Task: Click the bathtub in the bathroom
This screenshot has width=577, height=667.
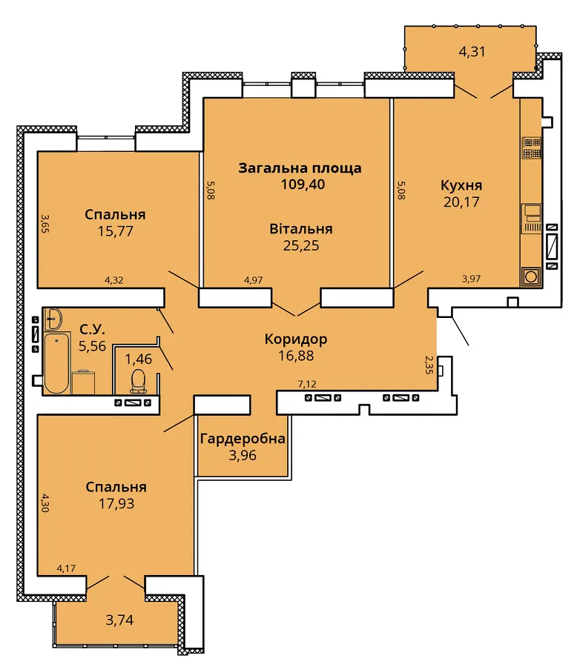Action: (56, 363)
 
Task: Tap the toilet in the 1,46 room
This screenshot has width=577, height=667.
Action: (138, 381)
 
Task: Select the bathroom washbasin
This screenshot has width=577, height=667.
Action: (53, 318)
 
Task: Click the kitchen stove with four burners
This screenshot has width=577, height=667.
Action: (532, 147)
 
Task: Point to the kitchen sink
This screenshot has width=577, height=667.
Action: (532, 218)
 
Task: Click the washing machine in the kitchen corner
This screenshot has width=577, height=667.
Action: (531, 277)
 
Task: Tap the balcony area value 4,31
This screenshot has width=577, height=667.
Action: (472, 51)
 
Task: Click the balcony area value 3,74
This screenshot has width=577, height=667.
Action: (119, 620)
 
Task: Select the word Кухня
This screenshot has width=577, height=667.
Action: (461, 185)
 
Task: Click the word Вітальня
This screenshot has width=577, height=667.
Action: (301, 229)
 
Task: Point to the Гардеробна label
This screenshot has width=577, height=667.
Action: (243, 439)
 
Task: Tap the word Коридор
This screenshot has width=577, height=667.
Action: (296, 339)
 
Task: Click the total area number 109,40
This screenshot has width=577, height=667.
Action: (303, 185)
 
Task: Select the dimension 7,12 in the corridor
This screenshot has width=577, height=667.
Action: (307, 384)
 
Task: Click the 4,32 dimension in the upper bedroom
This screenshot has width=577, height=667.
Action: (114, 280)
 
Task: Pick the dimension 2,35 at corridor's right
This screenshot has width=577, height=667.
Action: (429, 365)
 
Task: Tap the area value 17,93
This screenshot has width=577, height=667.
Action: (116, 504)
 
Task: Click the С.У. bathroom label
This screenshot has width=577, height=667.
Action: (93, 329)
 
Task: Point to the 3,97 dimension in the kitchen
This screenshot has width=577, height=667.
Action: (471, 279)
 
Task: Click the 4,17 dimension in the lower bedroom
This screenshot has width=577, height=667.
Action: (66, 568)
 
